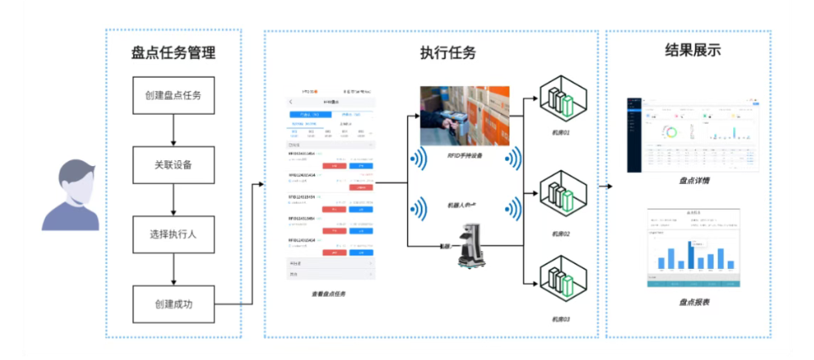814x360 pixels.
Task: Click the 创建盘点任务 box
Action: click(x=173, y=95)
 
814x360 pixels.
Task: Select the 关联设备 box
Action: click(x=173, y=164)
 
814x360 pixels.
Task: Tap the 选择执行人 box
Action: click(x=173, y=233)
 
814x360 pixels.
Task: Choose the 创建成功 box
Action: click(x=173, y=304)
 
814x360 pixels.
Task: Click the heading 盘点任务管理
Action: click(x=173, y=52)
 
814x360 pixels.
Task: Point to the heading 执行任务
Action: click(x=448, y=52)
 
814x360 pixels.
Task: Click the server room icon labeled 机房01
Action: click(x=561, y=99)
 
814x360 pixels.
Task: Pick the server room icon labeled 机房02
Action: click(x=561, y=197)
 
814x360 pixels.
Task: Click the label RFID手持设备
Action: click(x=465, y=156)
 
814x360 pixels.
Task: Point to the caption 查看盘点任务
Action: click(x=327, y=293)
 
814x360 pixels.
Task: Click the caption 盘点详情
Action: click(x=693, y=180)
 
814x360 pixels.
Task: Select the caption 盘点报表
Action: click(x=693, y=301)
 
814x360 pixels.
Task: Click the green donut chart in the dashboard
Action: click(x=671, y=132)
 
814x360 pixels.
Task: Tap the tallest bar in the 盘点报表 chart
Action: click(x=691, y=254)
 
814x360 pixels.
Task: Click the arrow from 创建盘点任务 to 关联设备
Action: click(x=173, y=130)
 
